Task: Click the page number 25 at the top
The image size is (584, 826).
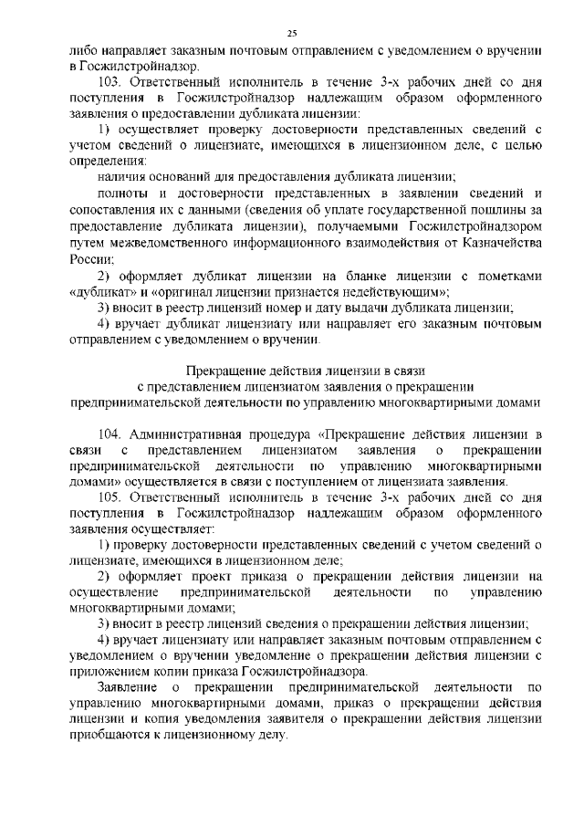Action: pyautogui.click(x=292, y=34)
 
